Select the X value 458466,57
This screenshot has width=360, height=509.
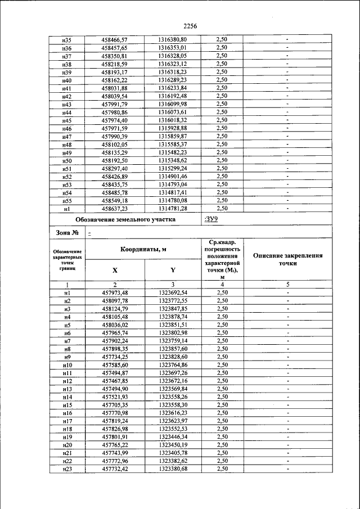(x=115, y=39)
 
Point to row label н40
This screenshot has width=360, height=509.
(x=67, y=80)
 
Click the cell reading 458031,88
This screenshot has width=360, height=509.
(x=115, y=88)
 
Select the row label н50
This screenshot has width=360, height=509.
(x=67, y=160)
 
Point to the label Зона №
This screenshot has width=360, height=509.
(x=67, y=233)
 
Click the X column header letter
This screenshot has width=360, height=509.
(x=115, y=270)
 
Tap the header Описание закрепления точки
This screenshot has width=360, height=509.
(x=287, y=259)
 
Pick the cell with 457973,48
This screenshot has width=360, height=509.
(x=115, y=293)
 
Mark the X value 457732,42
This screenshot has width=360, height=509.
(x=115, y=469)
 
